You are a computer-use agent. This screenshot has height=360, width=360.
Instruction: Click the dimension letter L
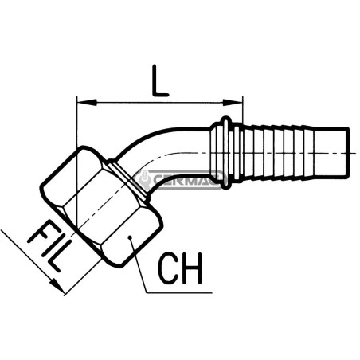coord(160,80)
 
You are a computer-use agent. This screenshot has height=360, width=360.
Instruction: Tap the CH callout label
coord(181,268)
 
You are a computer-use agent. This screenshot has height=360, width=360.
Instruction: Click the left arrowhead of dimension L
coord(87,103)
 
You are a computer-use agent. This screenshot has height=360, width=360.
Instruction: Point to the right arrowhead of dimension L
coord(233,103)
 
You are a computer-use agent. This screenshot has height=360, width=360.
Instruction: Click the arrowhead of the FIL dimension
coord(57,286)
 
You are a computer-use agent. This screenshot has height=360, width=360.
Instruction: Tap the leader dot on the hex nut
coord(130,237)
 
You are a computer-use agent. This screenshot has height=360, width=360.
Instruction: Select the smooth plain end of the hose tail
coord(331,153)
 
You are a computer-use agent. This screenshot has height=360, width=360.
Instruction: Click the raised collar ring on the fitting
coord(226,153)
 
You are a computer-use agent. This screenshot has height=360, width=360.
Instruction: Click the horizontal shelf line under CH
coord(179,293)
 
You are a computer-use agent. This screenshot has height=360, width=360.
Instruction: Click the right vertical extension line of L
coord(243,110)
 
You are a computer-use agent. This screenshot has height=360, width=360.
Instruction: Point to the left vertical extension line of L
coord(76,159)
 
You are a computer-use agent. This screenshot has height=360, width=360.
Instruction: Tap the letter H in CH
coord(192,268)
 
